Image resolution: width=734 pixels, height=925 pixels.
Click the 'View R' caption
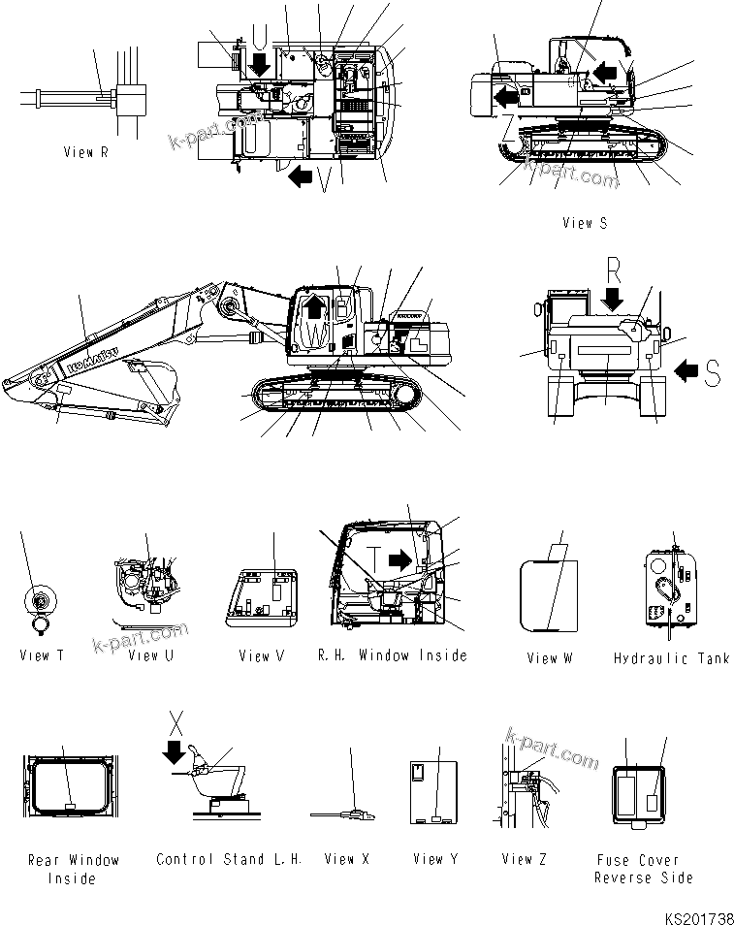(x=92, y=152)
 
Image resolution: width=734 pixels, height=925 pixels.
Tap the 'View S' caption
(x=585, y=223)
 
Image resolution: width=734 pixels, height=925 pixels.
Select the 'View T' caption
(x=42, y=655)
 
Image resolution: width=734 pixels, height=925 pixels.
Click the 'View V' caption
(x=261, y=656)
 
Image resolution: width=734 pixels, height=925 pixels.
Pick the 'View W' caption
(x=550, y=658)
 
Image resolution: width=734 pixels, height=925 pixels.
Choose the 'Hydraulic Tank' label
(x=670, y=658)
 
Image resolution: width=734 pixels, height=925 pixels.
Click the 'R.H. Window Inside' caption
(x=392, y=655)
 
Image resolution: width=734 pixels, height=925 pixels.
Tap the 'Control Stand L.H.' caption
(x=229, y=859)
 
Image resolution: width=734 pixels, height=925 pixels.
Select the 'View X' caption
(x=346, y=859)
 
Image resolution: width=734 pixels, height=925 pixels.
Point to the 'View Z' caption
(x=525, y=859)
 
